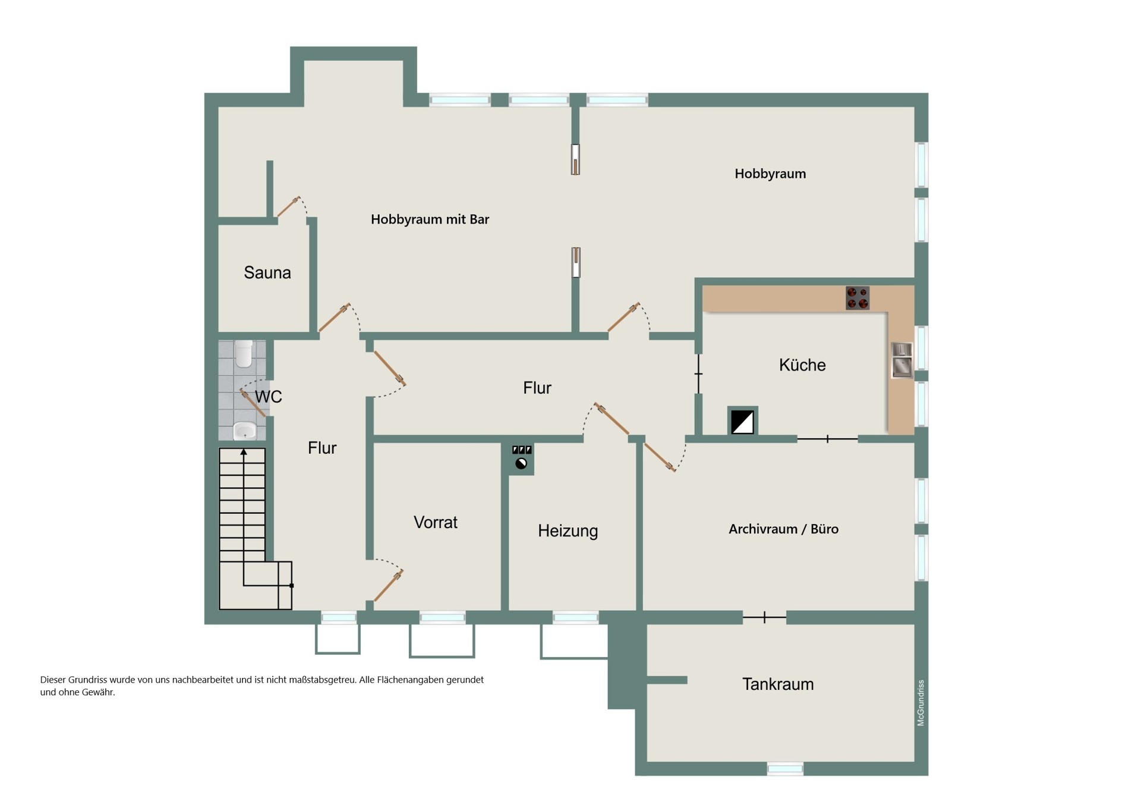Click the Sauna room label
pos(267,272)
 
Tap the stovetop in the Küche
pos(858,298)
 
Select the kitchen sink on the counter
pos(902,360)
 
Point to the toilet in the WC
pos(244,353)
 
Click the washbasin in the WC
pos(244,430)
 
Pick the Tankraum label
pos(778,684)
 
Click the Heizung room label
pos(568,531)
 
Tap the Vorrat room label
pos(436,522)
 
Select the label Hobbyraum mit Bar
pos(430,219)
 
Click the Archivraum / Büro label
pos(783,529)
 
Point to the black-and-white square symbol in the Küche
pos(742,422)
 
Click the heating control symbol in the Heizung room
pos(521,459)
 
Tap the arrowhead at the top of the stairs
pos(244,452)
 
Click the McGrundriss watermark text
pos(921,703)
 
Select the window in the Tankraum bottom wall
pos(785,769)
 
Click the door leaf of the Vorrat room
pos(389,585)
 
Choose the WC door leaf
pos(253,403)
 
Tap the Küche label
pos(802,365)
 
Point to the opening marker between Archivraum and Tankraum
pos(765,617)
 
